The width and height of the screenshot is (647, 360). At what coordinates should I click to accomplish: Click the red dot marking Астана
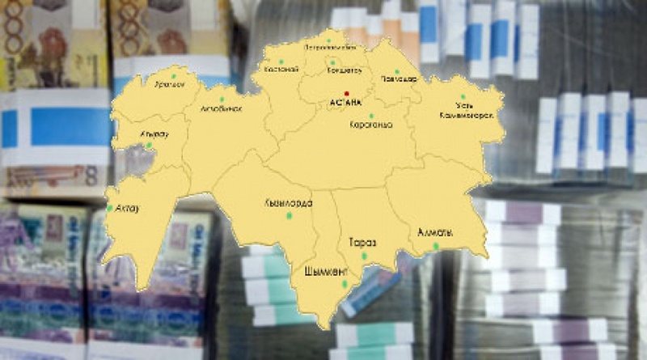[346, 93]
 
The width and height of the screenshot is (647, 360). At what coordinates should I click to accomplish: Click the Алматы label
[434, 233]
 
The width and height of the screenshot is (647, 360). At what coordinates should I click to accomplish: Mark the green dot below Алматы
[436, 246]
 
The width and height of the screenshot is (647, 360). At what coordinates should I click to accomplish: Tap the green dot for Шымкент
[345, 283]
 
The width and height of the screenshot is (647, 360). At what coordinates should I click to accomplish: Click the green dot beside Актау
[109, 208]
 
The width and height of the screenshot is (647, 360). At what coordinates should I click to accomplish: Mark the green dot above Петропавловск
[328, 38]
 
